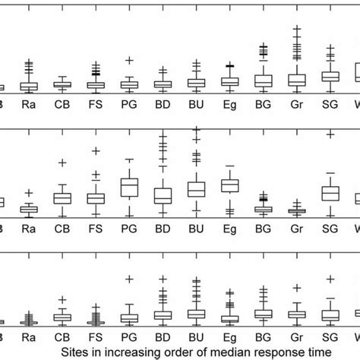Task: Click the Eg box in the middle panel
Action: point(229,185)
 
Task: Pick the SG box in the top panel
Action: point(330,76)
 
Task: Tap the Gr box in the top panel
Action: point(296,79)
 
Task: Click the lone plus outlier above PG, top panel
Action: point(129,60)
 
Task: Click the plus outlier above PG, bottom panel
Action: point(129,279)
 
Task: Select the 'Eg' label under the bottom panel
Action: point(229,334)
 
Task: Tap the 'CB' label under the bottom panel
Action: point(62,334)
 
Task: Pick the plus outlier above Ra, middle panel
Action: point(29,194)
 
